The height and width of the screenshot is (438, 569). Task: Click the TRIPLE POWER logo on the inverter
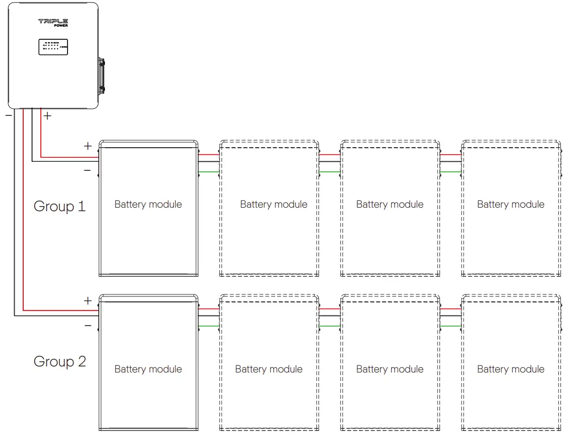(53, 22)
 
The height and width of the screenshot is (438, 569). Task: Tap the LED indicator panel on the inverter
(53, 47)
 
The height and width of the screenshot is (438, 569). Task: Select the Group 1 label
(59, 206)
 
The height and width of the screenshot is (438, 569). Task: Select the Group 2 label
(59, 361)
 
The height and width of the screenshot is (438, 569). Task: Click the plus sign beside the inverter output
(47, 116)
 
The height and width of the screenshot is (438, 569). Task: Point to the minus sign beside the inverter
(9, 115)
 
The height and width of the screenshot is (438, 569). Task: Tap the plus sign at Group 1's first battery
(88, 146)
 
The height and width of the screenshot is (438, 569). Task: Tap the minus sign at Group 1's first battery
(88, 171)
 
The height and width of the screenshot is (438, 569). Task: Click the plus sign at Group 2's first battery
(88, 301)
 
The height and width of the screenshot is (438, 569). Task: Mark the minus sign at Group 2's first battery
(88, 326)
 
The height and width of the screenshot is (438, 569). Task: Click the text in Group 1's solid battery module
(148, 204)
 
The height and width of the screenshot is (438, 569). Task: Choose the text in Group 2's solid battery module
(148, 369)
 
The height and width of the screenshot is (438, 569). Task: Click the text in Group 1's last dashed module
(511, 204)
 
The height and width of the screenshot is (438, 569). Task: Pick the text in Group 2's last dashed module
(511, 369)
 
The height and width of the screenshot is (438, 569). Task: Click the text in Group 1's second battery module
(274, 204)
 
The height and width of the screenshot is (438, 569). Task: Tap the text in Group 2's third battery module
(390, 369)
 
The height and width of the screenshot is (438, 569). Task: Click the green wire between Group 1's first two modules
(209, 172)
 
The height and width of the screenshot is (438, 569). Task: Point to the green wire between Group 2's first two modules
(209, 326)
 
